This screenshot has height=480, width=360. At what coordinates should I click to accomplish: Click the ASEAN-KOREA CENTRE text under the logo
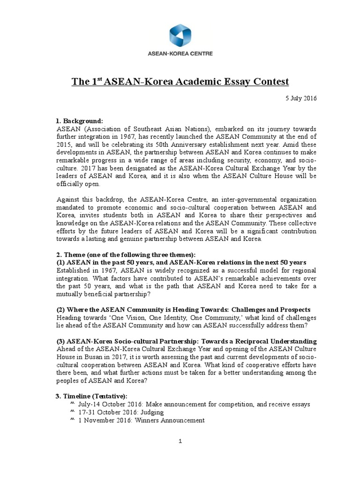pos(180,54)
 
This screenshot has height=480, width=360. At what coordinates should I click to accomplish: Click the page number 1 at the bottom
pos(180,441)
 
